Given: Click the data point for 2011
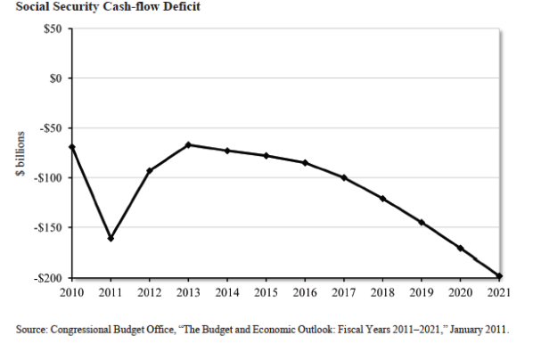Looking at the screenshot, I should click(111, 238).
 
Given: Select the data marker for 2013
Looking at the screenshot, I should click(189, 144).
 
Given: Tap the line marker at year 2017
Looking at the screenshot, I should click(345, 177).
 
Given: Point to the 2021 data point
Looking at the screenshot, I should click(500, 276).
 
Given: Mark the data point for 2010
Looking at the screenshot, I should click(71, 147).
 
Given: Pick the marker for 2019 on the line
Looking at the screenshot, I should click(422, 222).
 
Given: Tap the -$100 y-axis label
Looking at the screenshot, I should click(45, 177).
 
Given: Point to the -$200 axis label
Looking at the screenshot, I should click(45, 277).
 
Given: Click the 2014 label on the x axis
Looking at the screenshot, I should click(227, 290).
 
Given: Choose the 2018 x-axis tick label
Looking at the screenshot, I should click(383, 290).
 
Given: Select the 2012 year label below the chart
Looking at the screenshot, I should click(150, 290).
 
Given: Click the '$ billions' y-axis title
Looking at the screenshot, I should click(20, 152).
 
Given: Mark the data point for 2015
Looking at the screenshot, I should click(266, 155).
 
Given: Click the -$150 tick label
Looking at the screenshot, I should click(45, 227).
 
